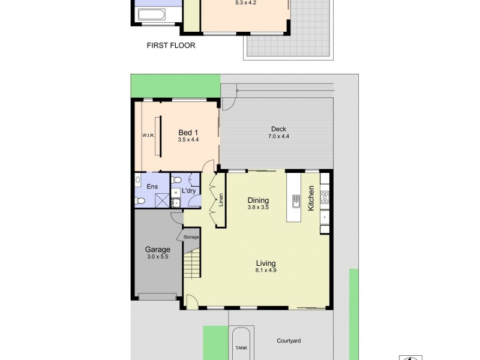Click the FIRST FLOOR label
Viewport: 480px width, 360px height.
click(171, 45)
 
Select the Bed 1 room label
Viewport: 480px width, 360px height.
click(188, 133)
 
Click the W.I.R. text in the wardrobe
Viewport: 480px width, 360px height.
click(149, 135)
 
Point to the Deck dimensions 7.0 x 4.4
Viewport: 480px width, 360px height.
click(278, 136)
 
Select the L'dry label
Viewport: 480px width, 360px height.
click(188, 191)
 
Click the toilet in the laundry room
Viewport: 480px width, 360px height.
click(177, 180)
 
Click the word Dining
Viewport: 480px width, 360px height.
click(258, 200)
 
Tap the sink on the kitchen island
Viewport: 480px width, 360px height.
click(296, 200)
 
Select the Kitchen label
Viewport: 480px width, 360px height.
click(311, 197)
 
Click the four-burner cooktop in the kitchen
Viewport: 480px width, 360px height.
click(325, 197)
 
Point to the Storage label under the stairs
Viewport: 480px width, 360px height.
click(191, 237)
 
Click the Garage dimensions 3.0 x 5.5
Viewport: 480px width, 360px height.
click(157, 257)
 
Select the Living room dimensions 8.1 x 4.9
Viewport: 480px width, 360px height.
click(265, 270)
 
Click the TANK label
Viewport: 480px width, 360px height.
click(241, 347)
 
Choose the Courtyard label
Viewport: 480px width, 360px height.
click(289, 341)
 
